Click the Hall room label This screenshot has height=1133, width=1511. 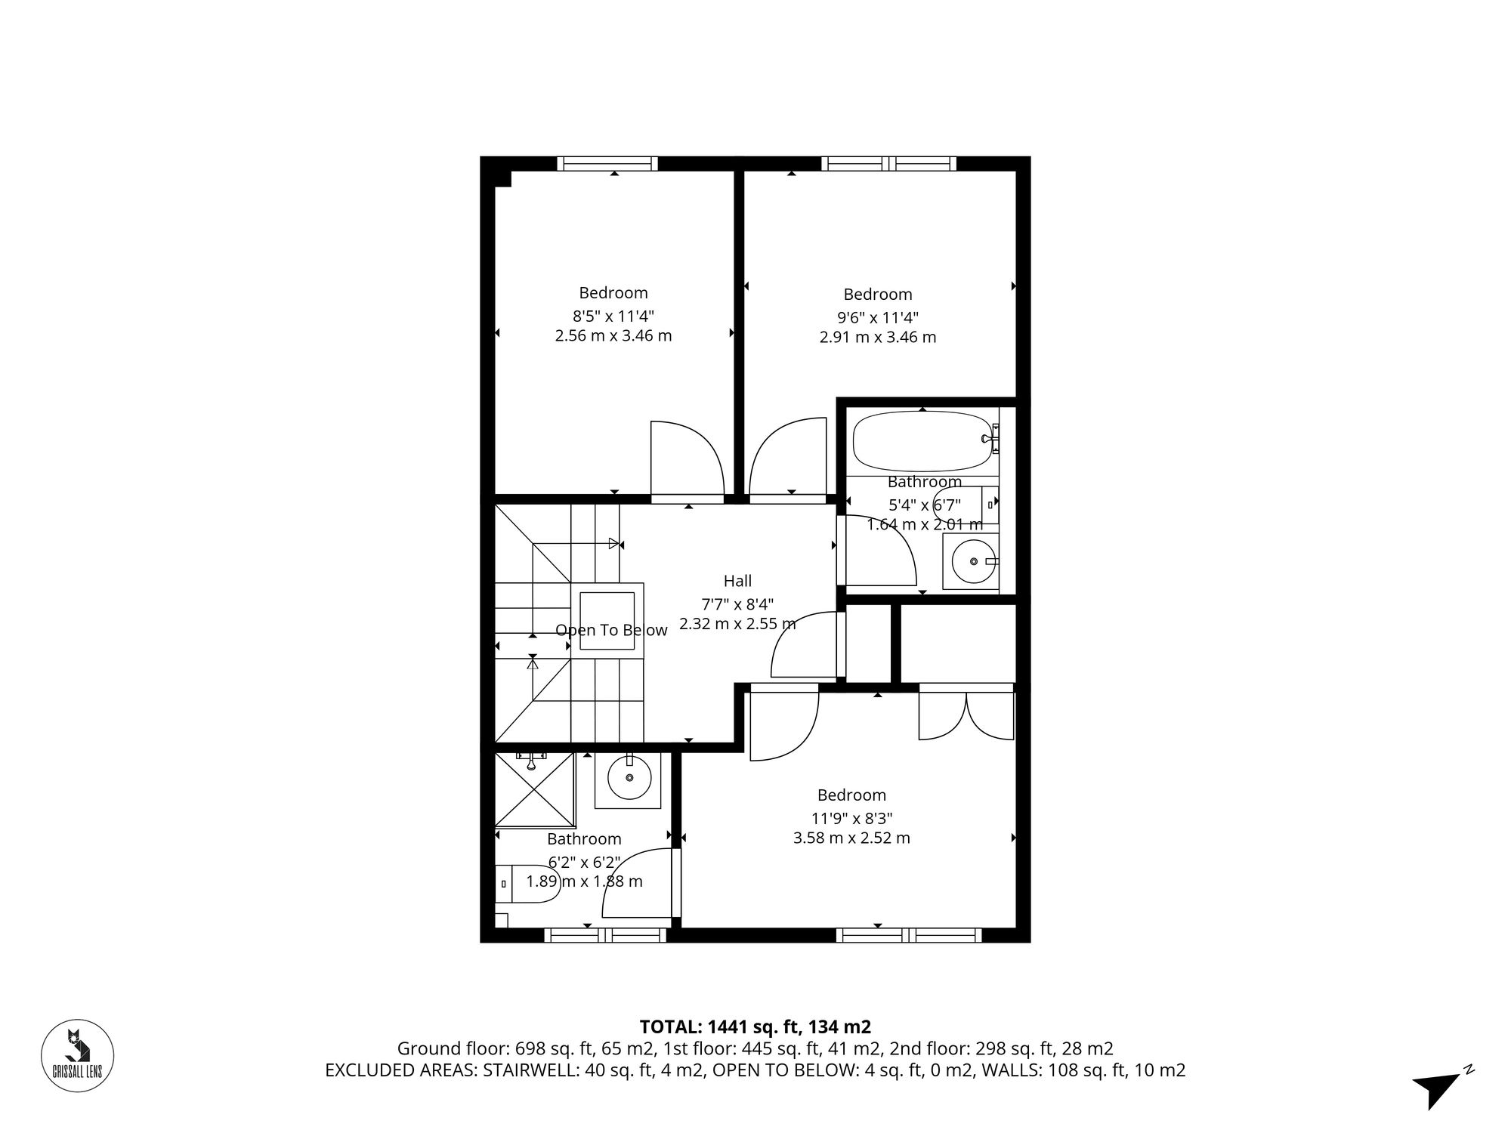pyautogui.click(x=737, y=581)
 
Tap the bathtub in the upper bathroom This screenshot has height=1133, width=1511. pyautogui.click(x=922, y=440)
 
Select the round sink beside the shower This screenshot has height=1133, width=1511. pyautogui.click(x=629, y=780)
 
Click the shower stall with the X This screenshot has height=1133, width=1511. pyautogui.click(x=534, y=790)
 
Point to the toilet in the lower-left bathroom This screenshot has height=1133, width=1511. pyautogui.click(x=529, y=884)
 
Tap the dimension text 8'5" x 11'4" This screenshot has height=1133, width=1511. pyautogui.click(x=613, y=316)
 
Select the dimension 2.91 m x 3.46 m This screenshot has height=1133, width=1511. pyautogui.click(x=877, y=337)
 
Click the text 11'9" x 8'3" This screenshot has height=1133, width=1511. pyautogui.click(x=851, y=817)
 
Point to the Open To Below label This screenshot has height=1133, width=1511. pyautogui.click(x=611, y=630)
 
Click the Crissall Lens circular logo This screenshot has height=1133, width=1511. pyautogui.click(x=77, y=1055)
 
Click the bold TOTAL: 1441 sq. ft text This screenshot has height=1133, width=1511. pyautogui.click(x=755, y=1026)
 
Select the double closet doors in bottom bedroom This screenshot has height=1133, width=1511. pyautogui.click(x=966, y=715)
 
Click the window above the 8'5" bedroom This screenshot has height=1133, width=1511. pyautogui.click(x=607, y=163)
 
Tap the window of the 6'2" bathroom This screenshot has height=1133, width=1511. pyautogui.click(x=605, y=935)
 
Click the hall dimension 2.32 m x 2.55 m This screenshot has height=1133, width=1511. pyautogui.click(x=737, y=624)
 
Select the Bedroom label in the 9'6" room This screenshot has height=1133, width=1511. pyautogui.click(x=877, y=294)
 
